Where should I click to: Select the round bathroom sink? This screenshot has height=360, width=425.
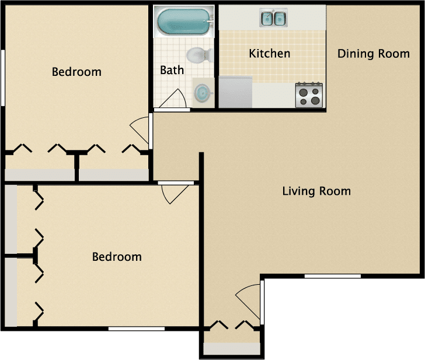(x=203, y=93)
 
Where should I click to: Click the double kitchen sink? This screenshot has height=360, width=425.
(x=273, y=19)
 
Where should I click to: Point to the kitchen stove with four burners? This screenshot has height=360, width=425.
(x=309, y=95)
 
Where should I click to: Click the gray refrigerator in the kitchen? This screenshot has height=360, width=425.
(x=235, y=93)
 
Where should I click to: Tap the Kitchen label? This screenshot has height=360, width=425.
(x=269, y=54)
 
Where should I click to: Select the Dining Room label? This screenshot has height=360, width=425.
(x=374, y=54)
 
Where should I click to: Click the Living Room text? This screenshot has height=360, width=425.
(x=316, y=191)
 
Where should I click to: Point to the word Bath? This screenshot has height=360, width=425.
(x=172, y=70)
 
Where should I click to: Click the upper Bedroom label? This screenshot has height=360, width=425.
(x=76, y=72)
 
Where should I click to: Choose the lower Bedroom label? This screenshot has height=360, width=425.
(x=117, y=257)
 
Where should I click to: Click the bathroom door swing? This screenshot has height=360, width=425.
(x=174, y=100)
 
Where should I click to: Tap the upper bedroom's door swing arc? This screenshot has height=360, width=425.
(x=139, y=130)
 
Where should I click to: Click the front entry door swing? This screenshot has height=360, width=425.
(x=249, y=298)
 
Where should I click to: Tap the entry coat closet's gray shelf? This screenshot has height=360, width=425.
(x=231, y=348)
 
